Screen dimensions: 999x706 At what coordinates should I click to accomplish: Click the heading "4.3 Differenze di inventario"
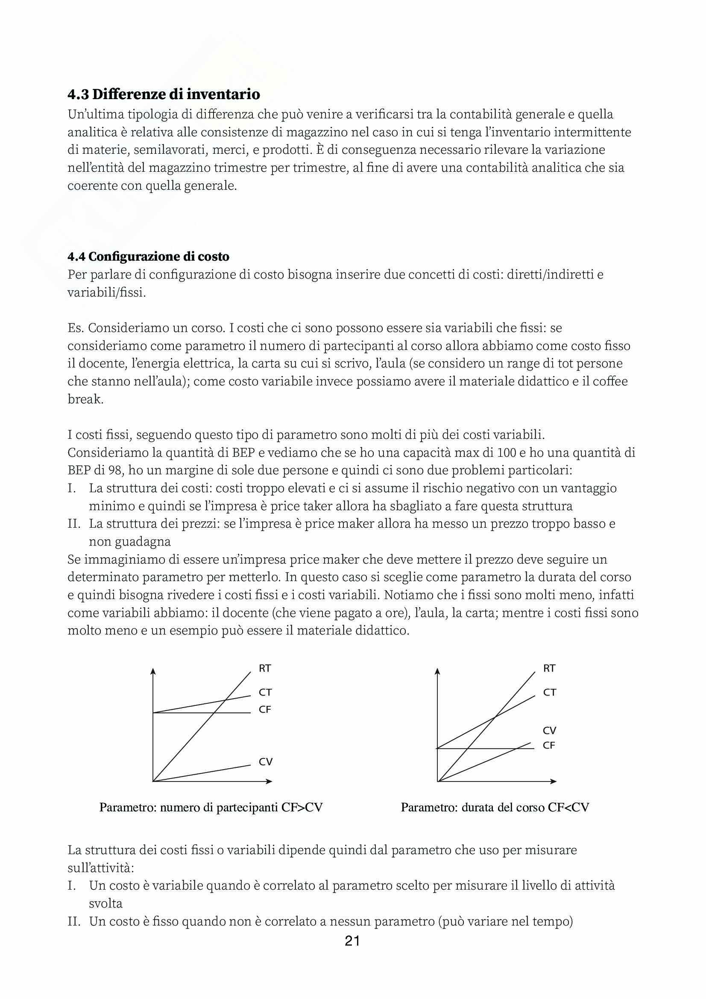(164, 94)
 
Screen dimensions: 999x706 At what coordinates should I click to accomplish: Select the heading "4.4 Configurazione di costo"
(148, 257)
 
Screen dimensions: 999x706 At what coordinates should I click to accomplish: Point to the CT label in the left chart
(265, 692)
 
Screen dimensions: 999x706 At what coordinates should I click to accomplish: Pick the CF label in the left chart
(265, 710)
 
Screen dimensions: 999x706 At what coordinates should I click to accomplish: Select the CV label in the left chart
(265, 761)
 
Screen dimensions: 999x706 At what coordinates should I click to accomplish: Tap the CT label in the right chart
(549, 692)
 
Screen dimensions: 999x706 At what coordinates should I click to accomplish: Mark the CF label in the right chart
(549, 745)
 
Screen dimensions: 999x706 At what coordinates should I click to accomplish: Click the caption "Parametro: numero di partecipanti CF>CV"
(211, 808)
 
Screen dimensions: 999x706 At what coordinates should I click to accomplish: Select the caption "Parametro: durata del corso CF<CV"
(495, 808)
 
